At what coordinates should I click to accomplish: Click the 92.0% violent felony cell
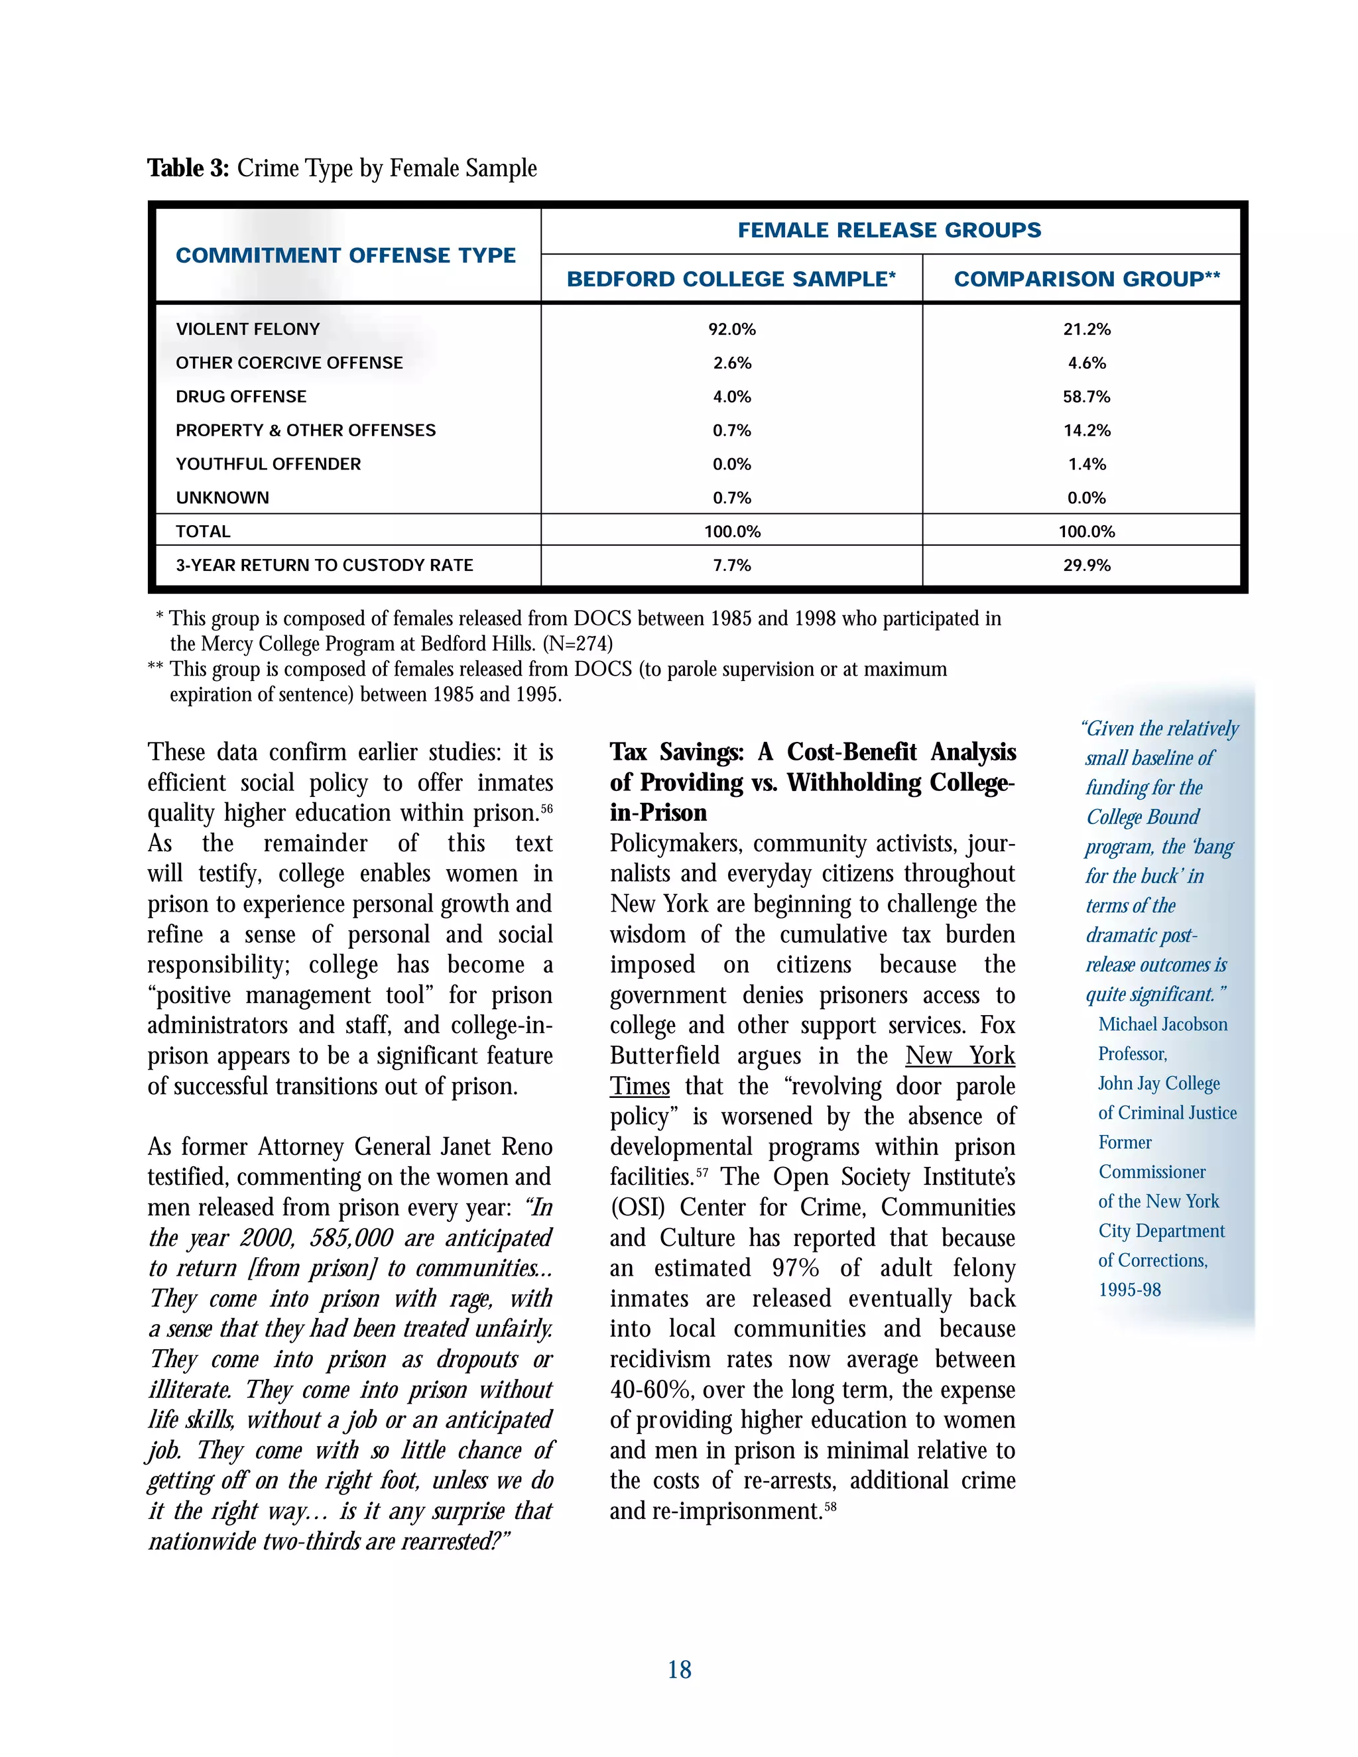pyautogui.click(x=731, y=329)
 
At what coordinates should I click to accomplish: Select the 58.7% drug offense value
pyautogui.click(x=1086, y=396)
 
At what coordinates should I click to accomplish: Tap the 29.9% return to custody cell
pyautogui.click(x=1086, y=566)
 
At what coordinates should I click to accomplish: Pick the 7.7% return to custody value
pyautogui.click(x=731, y=566)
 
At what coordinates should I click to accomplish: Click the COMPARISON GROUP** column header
pyautogui.click(x=1086, y=279)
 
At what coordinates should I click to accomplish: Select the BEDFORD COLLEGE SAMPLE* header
pyautogui.click(x=731, y=279)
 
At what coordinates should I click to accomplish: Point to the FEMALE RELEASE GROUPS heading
pyautogui.click(x=889, y=230)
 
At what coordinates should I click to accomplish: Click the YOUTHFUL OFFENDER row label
pyautogui.click(x=268, y=464)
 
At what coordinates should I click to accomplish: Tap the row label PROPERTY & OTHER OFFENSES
pyautogui.click(x=305, y=430)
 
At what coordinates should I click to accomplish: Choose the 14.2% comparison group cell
pyautogui.click(x=1086, y=430)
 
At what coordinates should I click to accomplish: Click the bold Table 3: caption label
pyautogui.click(x=188, y=168)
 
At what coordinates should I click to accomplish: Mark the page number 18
pyautogui.click(x=679, y=1670)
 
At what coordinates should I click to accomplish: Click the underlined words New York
pyautogui.click(x=959, y=1056)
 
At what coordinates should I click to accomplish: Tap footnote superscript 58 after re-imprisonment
pyautogui.click(x=830, y=1507)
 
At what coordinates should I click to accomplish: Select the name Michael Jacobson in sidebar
pyautogui.click(x=1162, y=1024)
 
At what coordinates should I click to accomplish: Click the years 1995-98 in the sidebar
pyautogui.click(x=1129, y=1290)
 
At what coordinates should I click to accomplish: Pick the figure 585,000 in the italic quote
pyautogui.click(x=351, y=1238)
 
